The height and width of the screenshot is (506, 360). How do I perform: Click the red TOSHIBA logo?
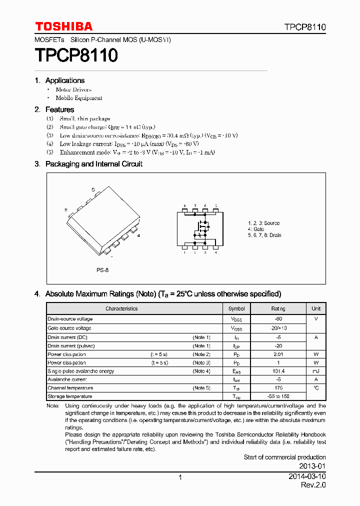pos(63,26)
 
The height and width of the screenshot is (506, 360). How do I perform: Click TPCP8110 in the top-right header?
pos(305,27)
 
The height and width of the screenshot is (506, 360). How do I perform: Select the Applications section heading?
pos(64,80)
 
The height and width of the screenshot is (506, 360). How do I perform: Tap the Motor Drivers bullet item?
pos(73,89)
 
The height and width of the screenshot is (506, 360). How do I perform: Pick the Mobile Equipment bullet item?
pos(78,98)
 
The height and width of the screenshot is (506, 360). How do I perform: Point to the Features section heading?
pos(59,109)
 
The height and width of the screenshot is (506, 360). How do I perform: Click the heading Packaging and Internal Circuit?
pos(93,164)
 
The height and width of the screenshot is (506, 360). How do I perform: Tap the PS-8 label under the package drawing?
pos(102,270)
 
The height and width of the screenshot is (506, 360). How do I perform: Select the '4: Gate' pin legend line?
pos(256,229)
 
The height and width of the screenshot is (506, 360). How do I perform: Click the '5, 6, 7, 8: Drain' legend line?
pos(264,235)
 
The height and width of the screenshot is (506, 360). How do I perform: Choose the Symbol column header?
pos(236,308)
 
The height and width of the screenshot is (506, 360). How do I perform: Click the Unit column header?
pos(316,308)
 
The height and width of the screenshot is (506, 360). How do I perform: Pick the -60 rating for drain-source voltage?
pos(278,319)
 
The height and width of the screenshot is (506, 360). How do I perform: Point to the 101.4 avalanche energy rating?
pos(278,371)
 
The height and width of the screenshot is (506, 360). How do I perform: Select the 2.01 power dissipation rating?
pos(278,354)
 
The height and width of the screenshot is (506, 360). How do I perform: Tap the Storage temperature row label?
pos(67,396)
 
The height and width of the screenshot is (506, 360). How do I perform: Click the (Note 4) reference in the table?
pos(201,371)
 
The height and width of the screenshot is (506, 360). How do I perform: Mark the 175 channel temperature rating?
pos(278,388)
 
